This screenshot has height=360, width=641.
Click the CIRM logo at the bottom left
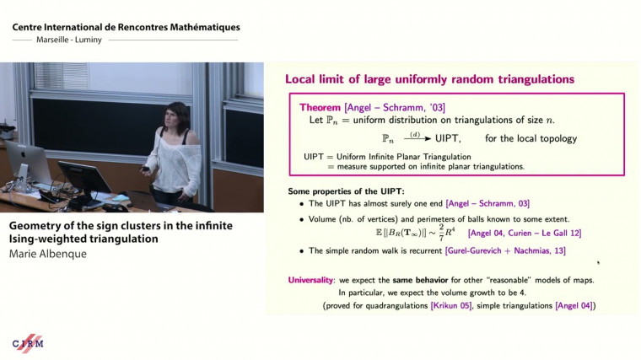[x=28, y=344]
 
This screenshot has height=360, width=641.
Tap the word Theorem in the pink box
[x=320, y=108]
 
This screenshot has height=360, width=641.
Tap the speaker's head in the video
[x=180, y=112]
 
